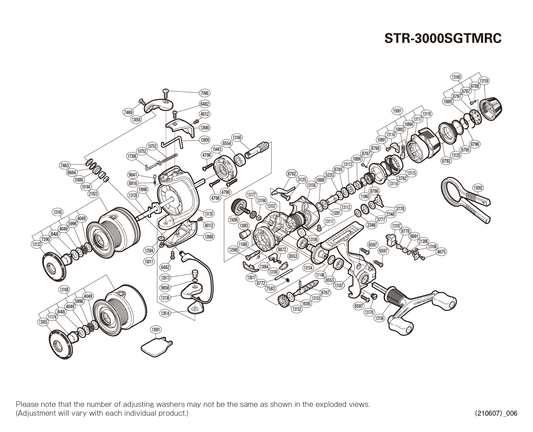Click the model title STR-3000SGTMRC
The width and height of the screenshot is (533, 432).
[442, 38]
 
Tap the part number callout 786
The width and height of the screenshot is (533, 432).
[205, 93]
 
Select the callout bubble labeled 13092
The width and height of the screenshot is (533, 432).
[478, 188]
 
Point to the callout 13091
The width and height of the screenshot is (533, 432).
[156, 330]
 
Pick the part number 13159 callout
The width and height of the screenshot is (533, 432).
[484, 81]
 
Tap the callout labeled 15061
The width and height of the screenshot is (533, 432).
[397, 111]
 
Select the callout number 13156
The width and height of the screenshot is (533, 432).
[379, 318]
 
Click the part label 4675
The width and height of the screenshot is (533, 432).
[441, 252]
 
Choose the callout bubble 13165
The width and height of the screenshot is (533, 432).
[58, 212]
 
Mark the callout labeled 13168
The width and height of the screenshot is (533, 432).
[64, 290]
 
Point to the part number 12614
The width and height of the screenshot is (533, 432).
[165, 313]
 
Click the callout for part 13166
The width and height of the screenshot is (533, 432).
[237, 138]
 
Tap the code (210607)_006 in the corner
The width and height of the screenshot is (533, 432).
[496, 413]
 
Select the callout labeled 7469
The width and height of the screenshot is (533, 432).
[128, 112]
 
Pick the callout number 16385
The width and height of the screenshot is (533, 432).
[307, 304]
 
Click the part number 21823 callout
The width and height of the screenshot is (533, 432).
[93, 193]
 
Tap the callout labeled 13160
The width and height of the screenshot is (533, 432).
[456, 77]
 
